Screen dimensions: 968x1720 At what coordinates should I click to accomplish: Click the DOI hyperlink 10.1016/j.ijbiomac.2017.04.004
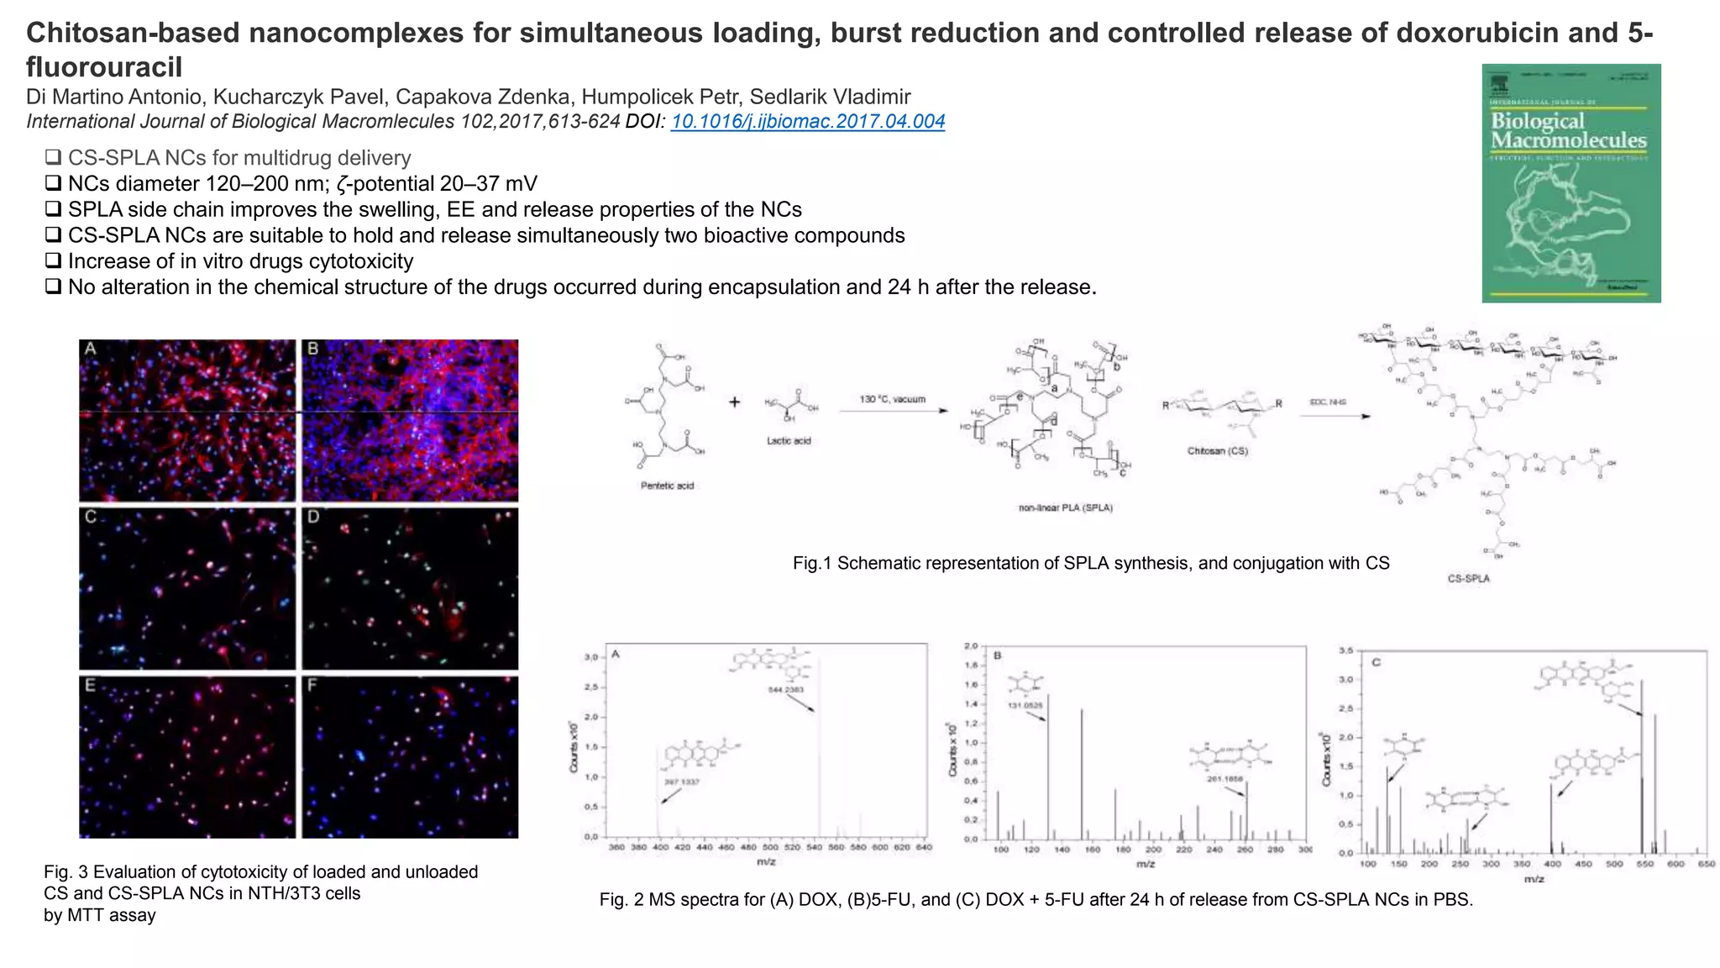coord(808,122)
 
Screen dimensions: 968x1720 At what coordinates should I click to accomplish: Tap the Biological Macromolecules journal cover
coord(1571,182)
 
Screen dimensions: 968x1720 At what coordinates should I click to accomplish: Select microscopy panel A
coord(187,420)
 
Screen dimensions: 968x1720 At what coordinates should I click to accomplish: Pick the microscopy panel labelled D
coord(410,588)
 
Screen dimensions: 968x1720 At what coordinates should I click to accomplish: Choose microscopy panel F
coord(410,756)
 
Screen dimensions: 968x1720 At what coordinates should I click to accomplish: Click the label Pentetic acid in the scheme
coord(667,486)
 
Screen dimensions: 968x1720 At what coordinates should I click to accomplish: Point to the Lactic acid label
coord(789,441)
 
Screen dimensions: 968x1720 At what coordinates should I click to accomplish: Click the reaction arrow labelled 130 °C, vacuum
coord(894,411)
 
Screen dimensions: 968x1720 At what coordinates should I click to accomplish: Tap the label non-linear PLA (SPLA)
coord(1065,508)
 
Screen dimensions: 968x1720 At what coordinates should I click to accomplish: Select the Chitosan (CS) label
coord(1217,451)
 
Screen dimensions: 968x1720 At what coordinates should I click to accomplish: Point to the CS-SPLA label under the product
coord(1468,579)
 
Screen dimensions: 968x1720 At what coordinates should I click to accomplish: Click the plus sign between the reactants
coord(734,402)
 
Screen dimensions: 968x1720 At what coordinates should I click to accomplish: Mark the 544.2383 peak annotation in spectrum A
coord(785,690)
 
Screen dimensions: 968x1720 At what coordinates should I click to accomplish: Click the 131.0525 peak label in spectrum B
coord(1025,705)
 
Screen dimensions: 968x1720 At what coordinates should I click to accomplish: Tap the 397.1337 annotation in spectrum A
coord(681,781)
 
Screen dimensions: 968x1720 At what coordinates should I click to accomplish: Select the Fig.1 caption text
coord(1090,563)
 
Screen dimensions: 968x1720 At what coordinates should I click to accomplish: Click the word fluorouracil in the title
coord(104,66)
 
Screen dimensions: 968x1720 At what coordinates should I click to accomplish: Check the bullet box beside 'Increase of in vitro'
coord(53,261)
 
